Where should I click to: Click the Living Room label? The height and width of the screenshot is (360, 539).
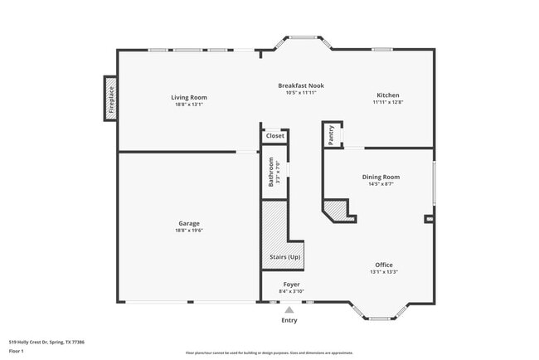pyautogui.click(x=189, y=97)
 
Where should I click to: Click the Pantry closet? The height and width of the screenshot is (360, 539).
pyautogui.click(x=332, y=135)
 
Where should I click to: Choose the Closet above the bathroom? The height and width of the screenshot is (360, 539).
pyautogui.click(x=274, y=135)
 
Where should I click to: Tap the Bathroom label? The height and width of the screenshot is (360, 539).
pyautogui.click(x=271, y=173)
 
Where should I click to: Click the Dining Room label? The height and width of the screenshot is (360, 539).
pyautogui.click(x=381, y=177)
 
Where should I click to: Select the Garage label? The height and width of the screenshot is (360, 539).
pyautogui.click(x=189, y=223)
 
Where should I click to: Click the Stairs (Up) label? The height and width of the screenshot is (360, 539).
pyautogui.click(x=285, y=257)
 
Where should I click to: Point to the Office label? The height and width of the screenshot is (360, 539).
pyautogui.click(x=384, y=265)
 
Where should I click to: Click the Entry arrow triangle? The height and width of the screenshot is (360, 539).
pyautogui.click(x=289, y=309)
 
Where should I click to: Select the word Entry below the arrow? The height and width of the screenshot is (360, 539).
pyautogui.click(x=289, y=320)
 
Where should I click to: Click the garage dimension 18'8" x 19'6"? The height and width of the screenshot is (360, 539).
pyautogui.click(x=189, y=231)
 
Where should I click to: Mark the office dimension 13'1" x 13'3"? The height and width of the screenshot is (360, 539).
pyautogui.click(x=384, y=272)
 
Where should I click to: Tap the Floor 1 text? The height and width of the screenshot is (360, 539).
pyautogui.click(x=17, y=351)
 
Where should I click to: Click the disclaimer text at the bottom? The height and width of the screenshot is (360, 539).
pyautogui.click(x=269, y=352)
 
